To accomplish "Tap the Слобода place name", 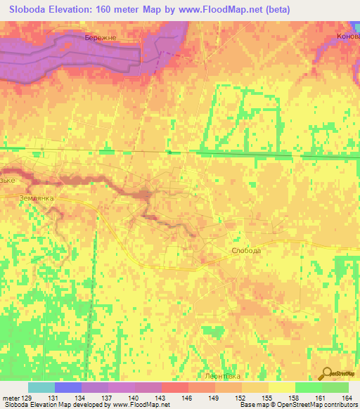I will [246, 250].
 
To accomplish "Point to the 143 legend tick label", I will [161, 398].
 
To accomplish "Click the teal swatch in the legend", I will [41, 387].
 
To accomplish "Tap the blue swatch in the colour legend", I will [68, 387].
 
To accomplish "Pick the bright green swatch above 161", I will [309, 387].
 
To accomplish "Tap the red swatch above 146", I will [175, 387].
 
